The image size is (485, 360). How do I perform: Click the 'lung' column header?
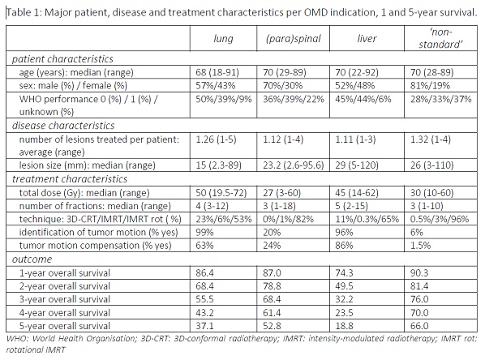pyautogui.click(x=223, y=39)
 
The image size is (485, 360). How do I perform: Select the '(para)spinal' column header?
pyautogui.click(x=294, y=39)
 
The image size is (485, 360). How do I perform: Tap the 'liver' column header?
pyautogui.click(x=367, y=39)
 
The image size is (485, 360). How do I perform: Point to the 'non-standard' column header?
pyautogui.click(x=440, y=38)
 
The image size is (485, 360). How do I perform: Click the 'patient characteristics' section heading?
pyautogui.click(x=62, y=58)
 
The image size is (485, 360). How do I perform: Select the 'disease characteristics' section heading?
pyautogui.click(x=63, y=125)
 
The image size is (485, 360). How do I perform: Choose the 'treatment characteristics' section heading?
pyautogui.click(x=70, y=178)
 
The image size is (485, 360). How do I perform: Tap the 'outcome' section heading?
pyautogui.click(x=32, y=259)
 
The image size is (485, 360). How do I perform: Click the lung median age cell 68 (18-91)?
pyautogui.click(x=217, y=72)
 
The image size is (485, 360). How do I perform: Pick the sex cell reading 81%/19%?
pyautogui.click(x=430, y=86)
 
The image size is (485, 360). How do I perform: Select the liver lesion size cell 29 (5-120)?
pyautogui.click(x=357, y=165)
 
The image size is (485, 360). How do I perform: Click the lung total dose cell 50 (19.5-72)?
pyautogui.click(x=221, y=193)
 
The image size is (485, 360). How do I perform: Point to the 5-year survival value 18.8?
pyautogui.click(x=344, y=326)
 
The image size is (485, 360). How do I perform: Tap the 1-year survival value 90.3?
pyautogui.click(x=419, y=272)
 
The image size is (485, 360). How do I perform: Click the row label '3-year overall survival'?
pyautogui.click(x=65, y=299)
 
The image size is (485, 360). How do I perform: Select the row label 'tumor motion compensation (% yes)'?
pyautogui.click(x=95, y=245)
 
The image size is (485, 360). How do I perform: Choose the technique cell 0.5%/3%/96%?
pyautogui.click(x=440, y=219)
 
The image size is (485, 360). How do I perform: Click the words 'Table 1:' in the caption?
pyautogui.click(x=24, y=12)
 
